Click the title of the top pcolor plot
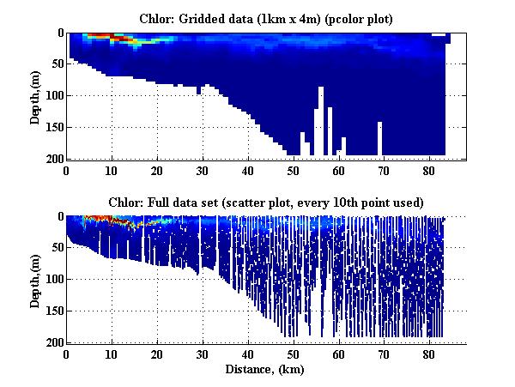point(266,18)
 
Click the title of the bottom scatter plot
point(266,202)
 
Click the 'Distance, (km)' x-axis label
point(266,370)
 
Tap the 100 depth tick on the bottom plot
point(53,279)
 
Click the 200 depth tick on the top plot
point(53,159)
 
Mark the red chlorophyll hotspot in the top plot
point(101,36)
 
